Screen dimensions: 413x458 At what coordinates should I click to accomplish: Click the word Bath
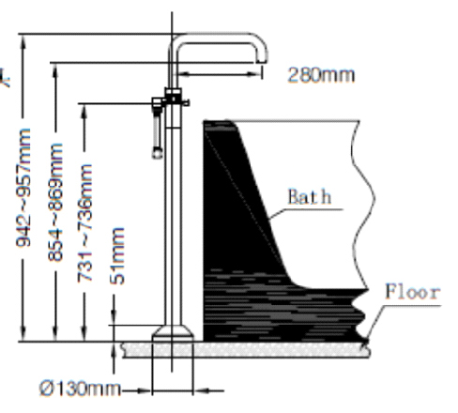[x=309, y=197]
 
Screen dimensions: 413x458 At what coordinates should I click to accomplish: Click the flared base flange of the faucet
[x=173, y=333]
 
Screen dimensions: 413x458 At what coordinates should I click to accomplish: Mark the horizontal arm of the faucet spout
[x=216, y=39]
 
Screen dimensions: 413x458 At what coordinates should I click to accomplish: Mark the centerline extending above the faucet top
[x=173, y=19]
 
